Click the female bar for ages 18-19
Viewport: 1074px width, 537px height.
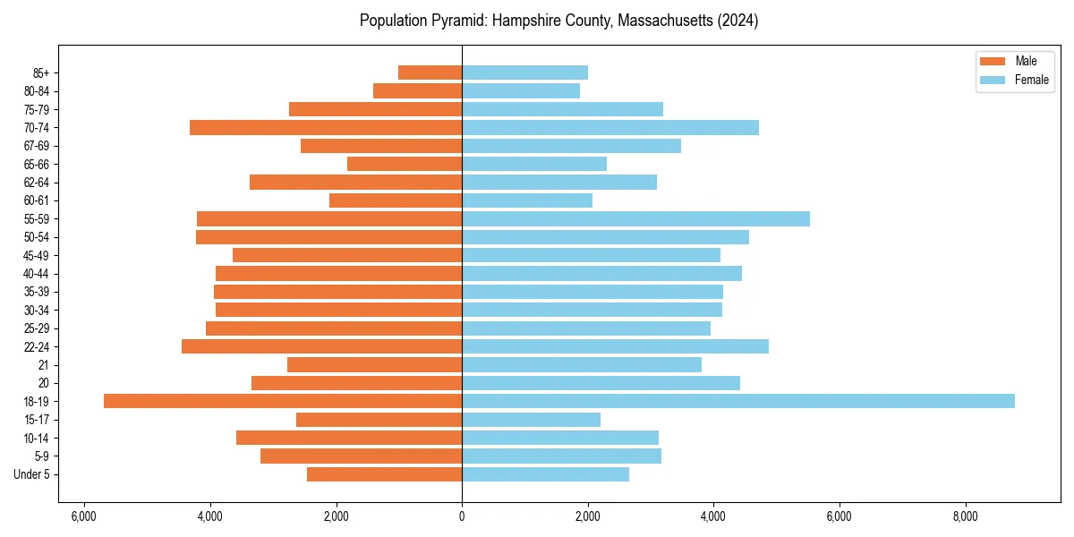738,401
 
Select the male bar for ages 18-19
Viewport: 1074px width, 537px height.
283,401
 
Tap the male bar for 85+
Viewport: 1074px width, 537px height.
430,72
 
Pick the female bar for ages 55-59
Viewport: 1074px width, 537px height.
635,218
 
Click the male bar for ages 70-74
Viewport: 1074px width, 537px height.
326,127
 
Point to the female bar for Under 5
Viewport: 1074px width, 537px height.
545,474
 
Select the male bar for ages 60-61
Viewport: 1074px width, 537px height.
396,200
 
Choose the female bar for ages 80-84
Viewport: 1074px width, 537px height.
521,90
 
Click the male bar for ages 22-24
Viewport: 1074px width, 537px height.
322,346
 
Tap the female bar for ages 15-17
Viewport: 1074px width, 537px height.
531,420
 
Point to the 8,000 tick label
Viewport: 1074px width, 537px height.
965,516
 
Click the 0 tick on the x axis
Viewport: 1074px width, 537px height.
462,516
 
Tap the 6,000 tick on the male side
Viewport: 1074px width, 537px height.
84,516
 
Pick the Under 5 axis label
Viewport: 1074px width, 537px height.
32,474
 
